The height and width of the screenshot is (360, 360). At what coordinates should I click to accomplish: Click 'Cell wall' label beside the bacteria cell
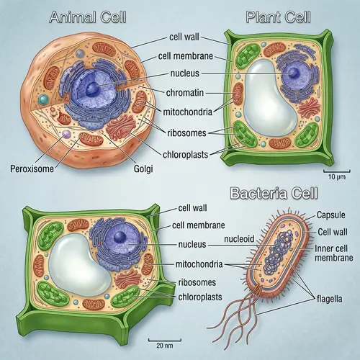click(x=332, y=232)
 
